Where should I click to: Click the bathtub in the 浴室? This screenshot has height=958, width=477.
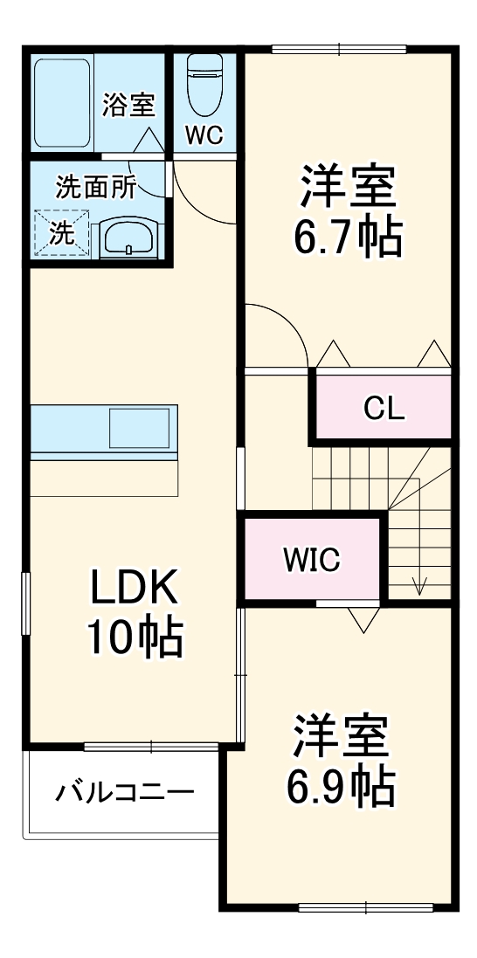62,102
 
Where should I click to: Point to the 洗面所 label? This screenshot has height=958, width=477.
96,188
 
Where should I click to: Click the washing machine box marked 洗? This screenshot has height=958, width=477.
61,233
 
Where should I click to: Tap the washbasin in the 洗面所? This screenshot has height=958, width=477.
128,237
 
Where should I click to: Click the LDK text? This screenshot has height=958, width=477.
135,590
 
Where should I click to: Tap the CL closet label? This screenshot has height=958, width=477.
384,408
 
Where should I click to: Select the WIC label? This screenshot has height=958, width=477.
312,560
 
